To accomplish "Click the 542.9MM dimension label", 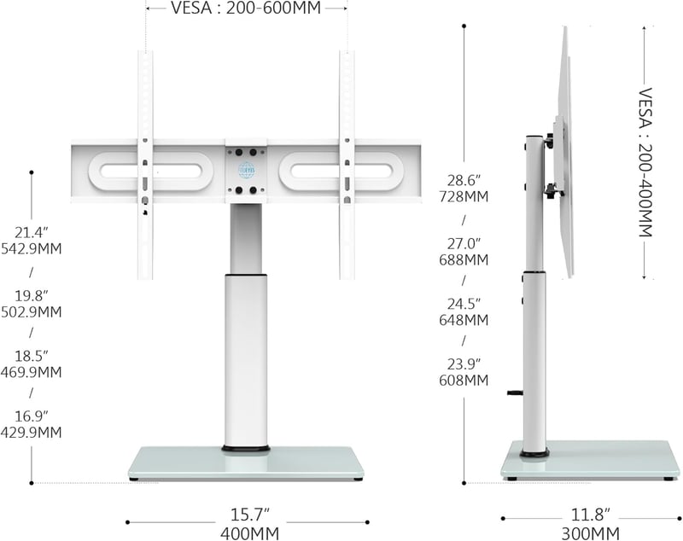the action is (x=31, y=249).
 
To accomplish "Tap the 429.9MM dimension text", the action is (x=31, y=433).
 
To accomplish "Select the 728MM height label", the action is (x=464, y=197).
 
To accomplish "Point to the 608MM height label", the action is (x=464, y=381).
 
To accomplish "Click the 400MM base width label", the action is (x=249, y=533).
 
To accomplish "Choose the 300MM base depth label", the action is (x=590, y=533).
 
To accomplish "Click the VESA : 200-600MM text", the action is (x=246, y=8).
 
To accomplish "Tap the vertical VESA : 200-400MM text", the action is (x=645, y=162).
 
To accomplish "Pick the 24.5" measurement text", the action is (x=464, y=303).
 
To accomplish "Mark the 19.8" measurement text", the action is (x=31, y=296).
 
